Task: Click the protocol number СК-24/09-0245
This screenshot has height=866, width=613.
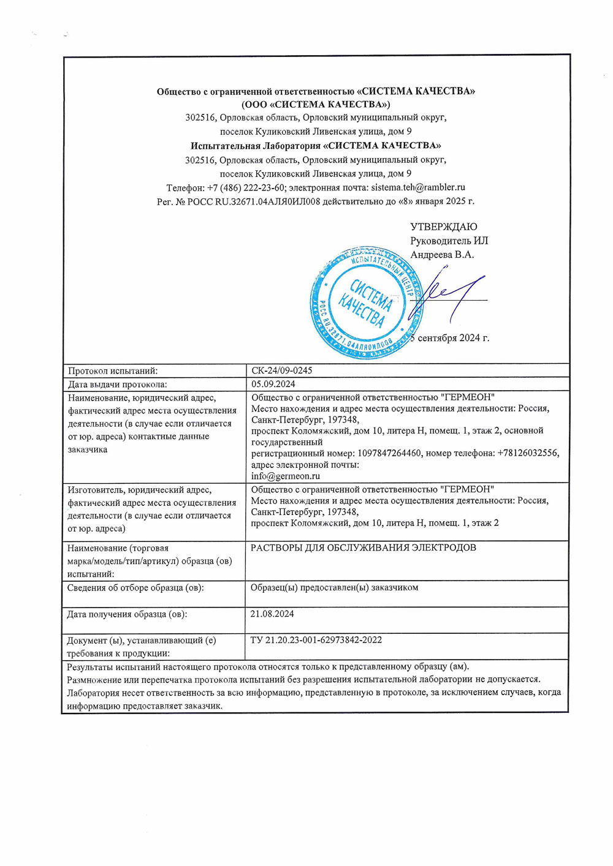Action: click(281, 371)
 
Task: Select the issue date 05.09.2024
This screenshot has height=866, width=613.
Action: click(273, 384)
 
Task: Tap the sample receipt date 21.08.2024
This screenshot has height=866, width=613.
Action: click(272, 614)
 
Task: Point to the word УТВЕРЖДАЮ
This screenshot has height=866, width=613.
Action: click(443, 227)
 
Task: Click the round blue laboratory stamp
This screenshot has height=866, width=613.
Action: click(367, 303)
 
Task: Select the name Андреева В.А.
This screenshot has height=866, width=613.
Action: click(441, 255)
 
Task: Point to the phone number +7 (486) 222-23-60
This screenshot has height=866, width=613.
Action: click(246, 187)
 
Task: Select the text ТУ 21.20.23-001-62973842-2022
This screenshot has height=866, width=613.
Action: click(316, 640)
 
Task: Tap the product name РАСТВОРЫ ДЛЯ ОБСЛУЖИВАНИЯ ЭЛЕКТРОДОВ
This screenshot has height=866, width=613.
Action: click(363, 548)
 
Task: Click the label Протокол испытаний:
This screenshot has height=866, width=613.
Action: click(113, 371)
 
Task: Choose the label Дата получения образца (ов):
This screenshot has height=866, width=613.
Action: click(127, 614)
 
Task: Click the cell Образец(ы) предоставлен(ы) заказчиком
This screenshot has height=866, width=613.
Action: click(334, 587)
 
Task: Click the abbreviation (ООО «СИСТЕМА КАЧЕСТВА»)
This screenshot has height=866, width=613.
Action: click(316, 104)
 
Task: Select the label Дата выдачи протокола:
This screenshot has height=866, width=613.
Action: click(118, 384)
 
